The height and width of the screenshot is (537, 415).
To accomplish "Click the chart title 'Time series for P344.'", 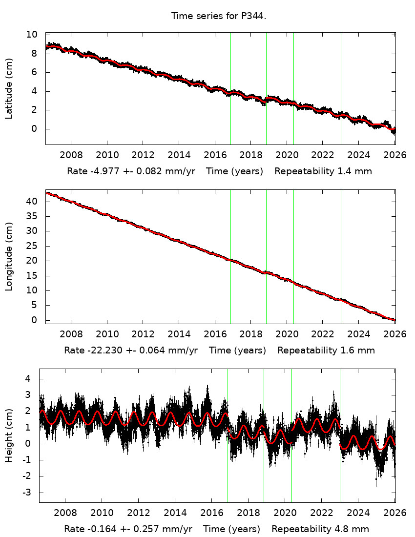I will pos(218,16).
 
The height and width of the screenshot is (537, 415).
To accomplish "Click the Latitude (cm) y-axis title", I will pos(9,88).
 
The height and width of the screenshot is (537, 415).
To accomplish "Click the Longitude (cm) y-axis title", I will pos(9,257).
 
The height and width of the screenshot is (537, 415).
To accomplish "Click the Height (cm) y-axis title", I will pos(9,435).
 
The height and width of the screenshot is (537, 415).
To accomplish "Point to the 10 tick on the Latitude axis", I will pos(32,35).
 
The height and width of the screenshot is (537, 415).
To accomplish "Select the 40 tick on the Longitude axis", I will pos(32,201).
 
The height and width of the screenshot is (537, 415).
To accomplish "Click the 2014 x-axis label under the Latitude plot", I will pos(179,155).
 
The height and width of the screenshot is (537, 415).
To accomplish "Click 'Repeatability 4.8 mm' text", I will pos(320,529).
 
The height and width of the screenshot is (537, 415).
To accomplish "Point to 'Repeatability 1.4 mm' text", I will pos(323,171).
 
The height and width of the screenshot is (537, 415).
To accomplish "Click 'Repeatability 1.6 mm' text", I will pos(326,351).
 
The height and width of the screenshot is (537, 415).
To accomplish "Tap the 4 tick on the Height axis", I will pos(29,378).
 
